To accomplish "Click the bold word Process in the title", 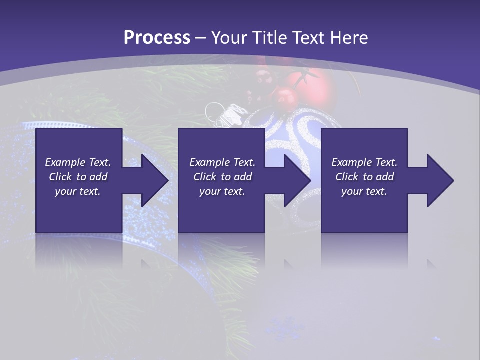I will [157, 38].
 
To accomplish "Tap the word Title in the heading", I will [270, 38].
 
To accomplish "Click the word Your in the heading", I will [229, 38].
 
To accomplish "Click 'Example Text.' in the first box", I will [78, 162].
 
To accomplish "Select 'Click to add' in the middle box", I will [222, 177].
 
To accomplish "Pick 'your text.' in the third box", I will [364, 191].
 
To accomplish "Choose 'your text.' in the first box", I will [78, 191].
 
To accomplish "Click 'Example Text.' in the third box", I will [364, 162].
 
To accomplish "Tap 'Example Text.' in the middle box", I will [222, 162].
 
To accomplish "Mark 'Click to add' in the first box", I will [78, 177].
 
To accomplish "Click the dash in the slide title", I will [201, 38].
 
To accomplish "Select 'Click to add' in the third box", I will [364, 177].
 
